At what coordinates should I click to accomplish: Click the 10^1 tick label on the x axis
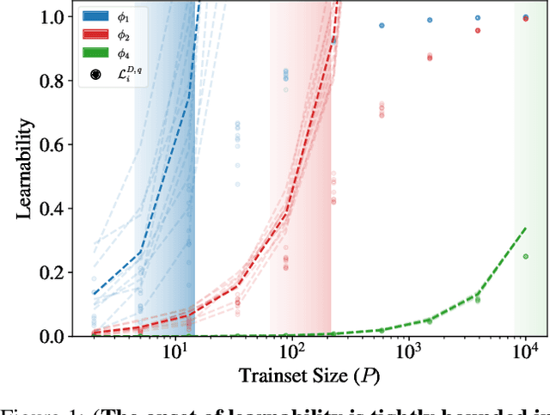pos(175,352)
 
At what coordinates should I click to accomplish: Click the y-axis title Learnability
pos(25,176)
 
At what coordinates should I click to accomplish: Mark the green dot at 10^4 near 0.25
pos(525,256)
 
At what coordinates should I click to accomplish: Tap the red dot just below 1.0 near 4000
pos(478,30)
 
